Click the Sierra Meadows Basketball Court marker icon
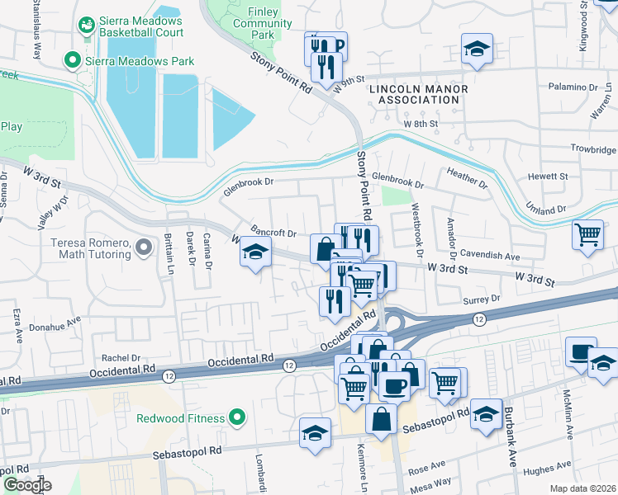pos(85,26)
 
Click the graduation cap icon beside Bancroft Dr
pos(255,253)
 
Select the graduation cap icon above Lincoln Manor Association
pos(477,48)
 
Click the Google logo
pos(26,484)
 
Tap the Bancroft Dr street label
pos(273,233)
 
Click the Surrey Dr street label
pos(485,299)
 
